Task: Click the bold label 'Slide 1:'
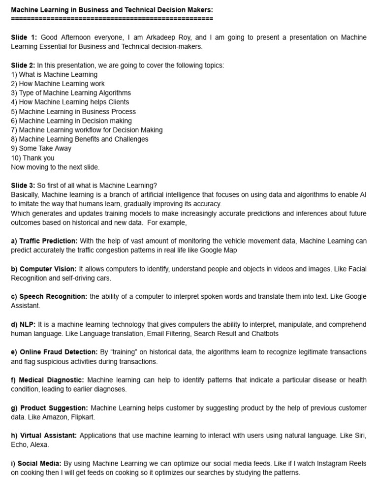(x=24, y=37)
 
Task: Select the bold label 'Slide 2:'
(x=24, y=65)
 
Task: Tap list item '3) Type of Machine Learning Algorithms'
(x=71, y=93)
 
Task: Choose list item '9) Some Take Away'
(x=41, y=149)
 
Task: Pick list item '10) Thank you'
(x=32, y=158)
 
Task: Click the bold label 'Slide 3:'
(x=24, y=186)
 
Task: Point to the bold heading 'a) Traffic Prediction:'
(x=44, y=241)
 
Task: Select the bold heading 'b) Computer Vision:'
(x=44, y=269)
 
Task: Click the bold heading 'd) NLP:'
(x=23, y=325)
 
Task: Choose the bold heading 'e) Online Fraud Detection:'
(x=55, y=352)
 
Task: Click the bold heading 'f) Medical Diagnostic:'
(x=48, y=380)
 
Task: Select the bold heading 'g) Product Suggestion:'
(x=50, y=408)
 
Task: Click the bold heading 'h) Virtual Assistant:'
(x=44, y=436)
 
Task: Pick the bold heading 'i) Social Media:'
(x=36, y=464)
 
